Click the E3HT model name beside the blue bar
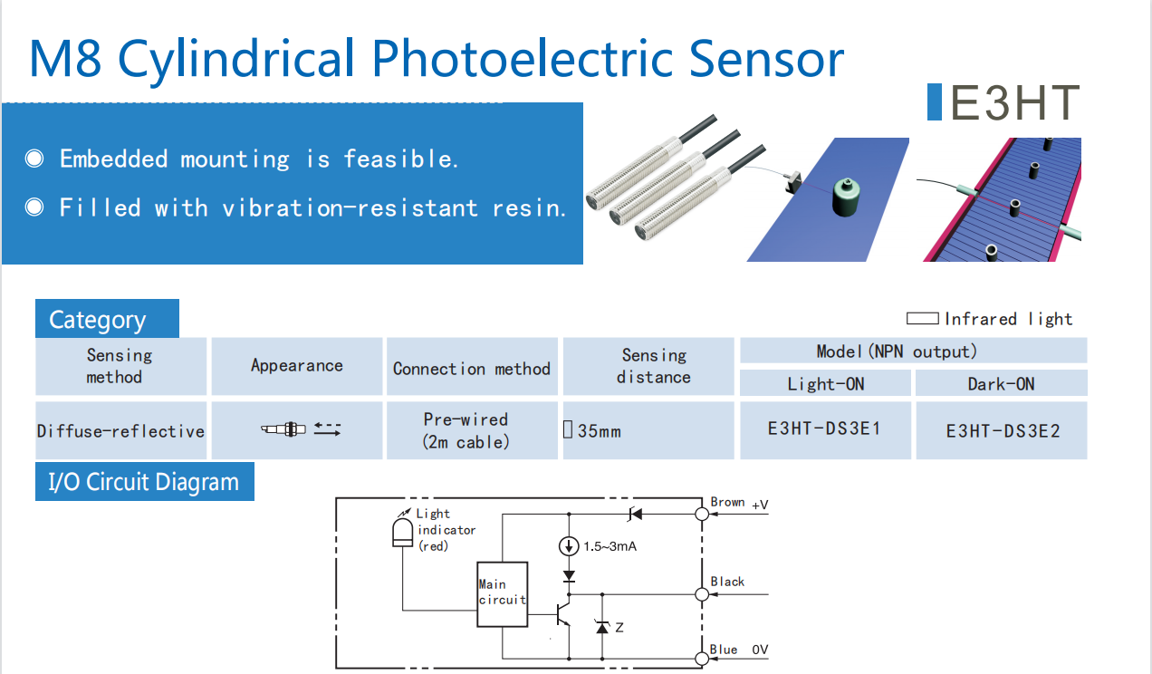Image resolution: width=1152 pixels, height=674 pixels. pyautogui.click(x=1014, y=102)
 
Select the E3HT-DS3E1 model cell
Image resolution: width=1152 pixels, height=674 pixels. pyautogui.click(x=823, y=428)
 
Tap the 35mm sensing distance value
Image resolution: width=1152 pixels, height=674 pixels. pyautogui.click(x=599, y=431)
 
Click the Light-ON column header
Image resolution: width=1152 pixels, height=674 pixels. pyautogui.click(x=825, y=384)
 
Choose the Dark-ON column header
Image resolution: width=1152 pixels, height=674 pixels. pyautogui.click(x=1001, y=384)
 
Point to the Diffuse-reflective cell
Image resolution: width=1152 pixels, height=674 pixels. pyautogui.click(x=120, y=431)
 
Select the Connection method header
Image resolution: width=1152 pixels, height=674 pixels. pyautogui.click(x=472, y=369)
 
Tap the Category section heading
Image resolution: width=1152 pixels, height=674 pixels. pyautogui.click(x=98, y=320)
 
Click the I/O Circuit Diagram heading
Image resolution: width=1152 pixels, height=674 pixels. pyautogui.click(x=144, y=482)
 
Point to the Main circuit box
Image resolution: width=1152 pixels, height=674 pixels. pyautogui.click(x=502, y=593)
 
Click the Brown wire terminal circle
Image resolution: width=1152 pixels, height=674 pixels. pyautogui.click(x=702, y=514)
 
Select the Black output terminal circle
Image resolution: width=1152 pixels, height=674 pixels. pyautogui.click(x=702, y=594)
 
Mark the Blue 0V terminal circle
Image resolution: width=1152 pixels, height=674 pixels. pyautogui.click(x=702, y=658)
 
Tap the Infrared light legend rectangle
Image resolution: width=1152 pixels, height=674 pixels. pyautogui.click(x=922, y=319)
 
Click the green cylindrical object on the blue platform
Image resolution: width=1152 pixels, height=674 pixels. pyautogui.click(x=848, y=197)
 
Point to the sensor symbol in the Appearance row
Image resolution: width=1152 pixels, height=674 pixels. pyautogui.click(x=284, y=429)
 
